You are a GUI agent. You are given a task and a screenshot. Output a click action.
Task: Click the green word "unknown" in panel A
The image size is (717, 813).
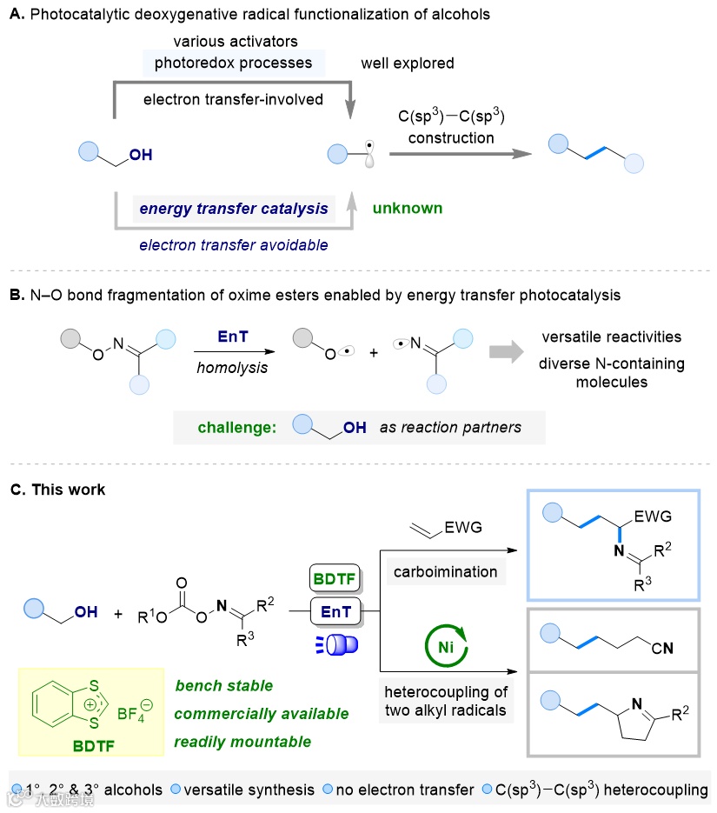tap(408, 209)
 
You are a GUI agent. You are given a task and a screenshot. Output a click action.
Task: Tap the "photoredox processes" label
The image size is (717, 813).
tap(234, 63)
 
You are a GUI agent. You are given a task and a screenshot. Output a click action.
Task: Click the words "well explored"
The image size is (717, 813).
tap(408, 63)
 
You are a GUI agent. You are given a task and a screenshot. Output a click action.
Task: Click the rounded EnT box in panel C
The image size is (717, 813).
tap(335, 612)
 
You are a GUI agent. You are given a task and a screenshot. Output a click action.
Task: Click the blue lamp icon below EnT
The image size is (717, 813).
tap(335, 645)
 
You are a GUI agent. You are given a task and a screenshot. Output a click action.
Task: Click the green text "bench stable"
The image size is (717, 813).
tap(224, 686)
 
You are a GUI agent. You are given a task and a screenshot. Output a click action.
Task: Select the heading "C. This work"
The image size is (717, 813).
tap(58, 490)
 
